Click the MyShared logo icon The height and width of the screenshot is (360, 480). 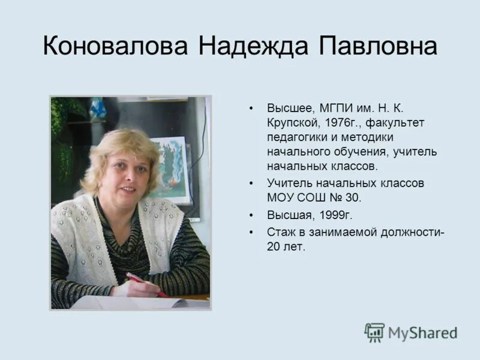pyautogui.click(x=374, y=332)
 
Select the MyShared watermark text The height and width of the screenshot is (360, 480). pyautogui.click(x=422, y=332)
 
